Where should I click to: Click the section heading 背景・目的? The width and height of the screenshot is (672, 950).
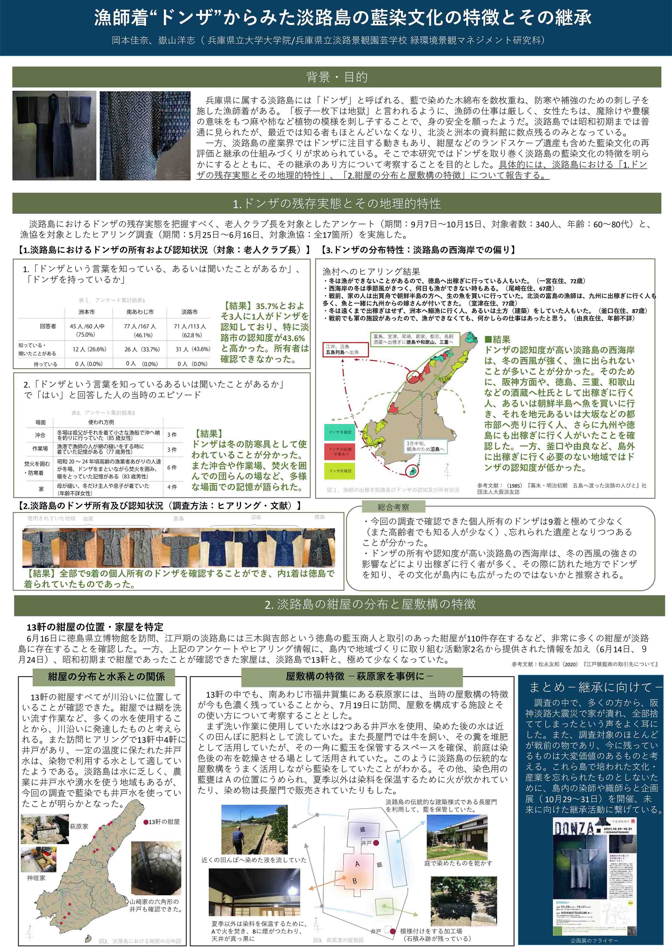336,77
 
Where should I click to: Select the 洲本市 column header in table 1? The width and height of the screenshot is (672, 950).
87,311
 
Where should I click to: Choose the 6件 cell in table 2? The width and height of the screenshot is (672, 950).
172,467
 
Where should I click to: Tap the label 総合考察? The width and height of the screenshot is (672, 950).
393,507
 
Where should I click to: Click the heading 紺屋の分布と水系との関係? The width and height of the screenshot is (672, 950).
106,677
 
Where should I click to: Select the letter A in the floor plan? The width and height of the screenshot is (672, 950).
358,864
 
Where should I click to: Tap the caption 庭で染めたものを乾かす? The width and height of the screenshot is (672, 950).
458,863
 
